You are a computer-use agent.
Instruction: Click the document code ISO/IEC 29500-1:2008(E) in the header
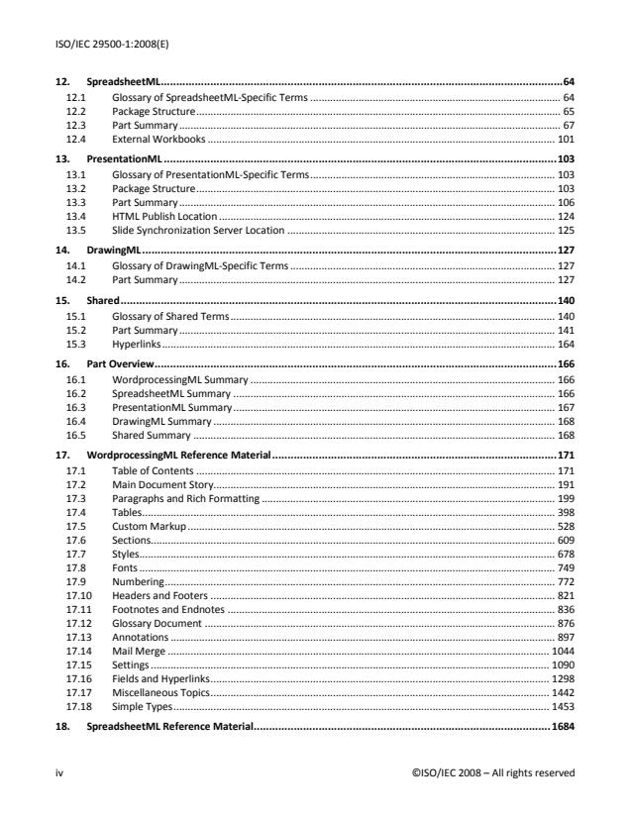104,44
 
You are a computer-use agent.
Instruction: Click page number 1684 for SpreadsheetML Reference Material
562,728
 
